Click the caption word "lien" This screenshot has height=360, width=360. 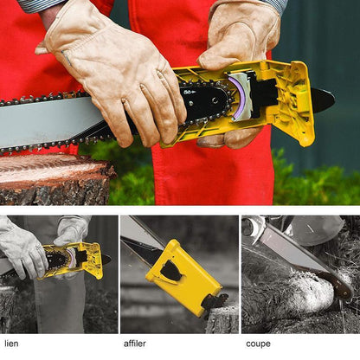11,344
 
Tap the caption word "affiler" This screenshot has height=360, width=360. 135,344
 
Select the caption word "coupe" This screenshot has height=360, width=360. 258,344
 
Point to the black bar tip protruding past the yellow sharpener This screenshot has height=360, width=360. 324,100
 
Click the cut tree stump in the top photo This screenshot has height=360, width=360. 54,179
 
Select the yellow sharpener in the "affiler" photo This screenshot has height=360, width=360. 183,277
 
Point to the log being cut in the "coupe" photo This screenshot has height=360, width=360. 288,292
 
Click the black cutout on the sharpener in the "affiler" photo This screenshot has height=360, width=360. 170,271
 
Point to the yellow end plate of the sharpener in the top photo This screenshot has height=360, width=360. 300,104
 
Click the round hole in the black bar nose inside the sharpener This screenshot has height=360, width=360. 215,100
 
